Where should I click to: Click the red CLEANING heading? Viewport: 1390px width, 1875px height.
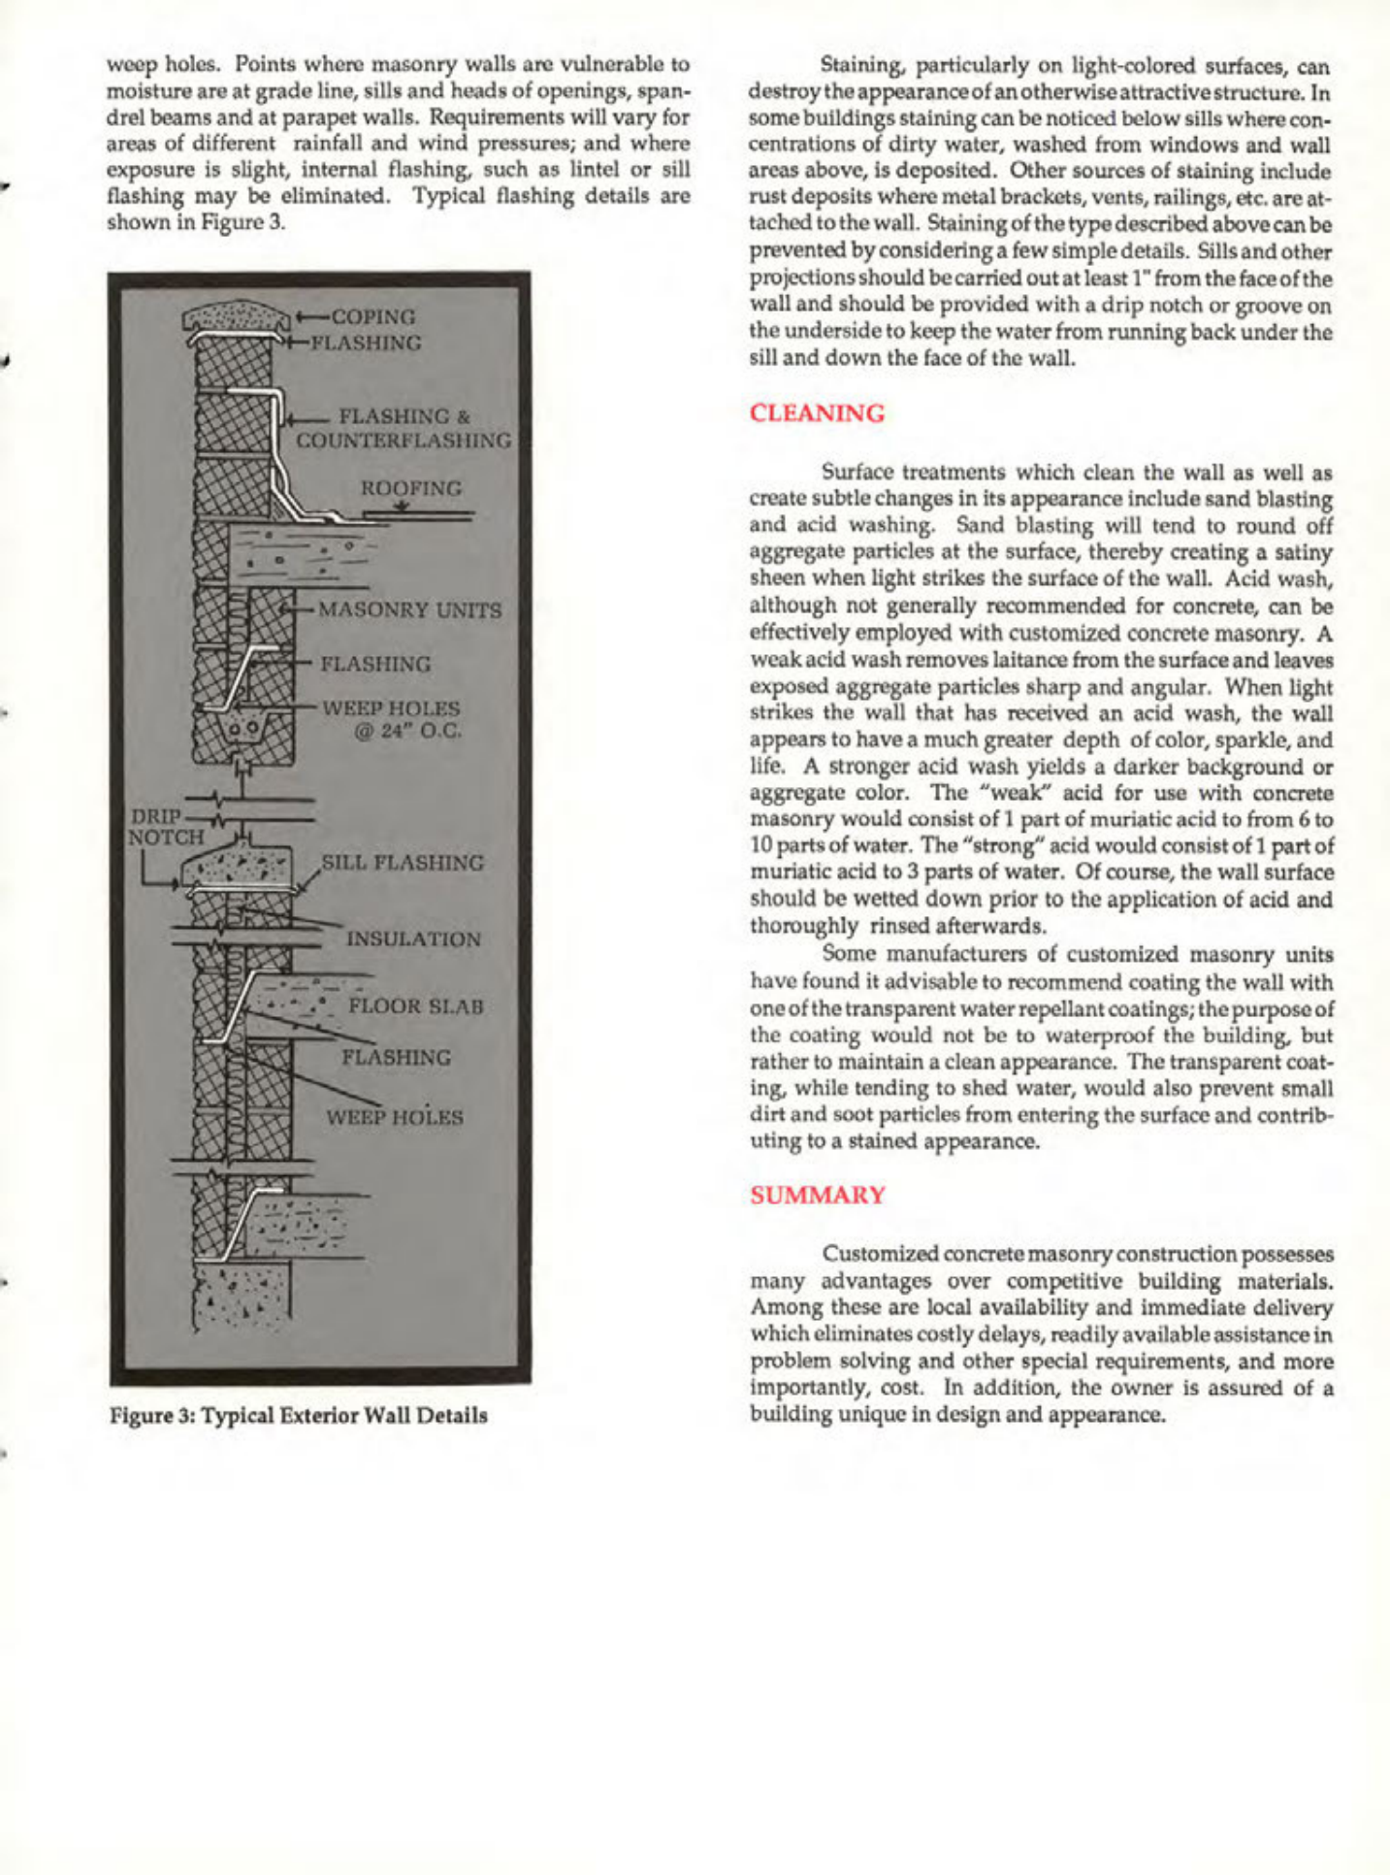click(817, 413)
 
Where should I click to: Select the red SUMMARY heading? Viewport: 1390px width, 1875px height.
click(818, 1195)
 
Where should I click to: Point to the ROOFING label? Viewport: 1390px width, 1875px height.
click(411, 488)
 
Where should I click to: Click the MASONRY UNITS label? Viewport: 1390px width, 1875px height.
click(410, 610)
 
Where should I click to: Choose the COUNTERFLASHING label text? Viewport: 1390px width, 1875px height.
click(404, 441)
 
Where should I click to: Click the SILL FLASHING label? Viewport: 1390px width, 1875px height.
click(403, 863)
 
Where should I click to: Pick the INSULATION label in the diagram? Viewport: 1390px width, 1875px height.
click(413, 939)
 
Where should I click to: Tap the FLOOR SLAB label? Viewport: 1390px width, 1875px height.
click(416, 1005)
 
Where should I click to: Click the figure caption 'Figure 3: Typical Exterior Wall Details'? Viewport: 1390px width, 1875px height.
click(299, 1415)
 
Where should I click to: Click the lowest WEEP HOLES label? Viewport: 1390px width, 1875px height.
click(394, 1117)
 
